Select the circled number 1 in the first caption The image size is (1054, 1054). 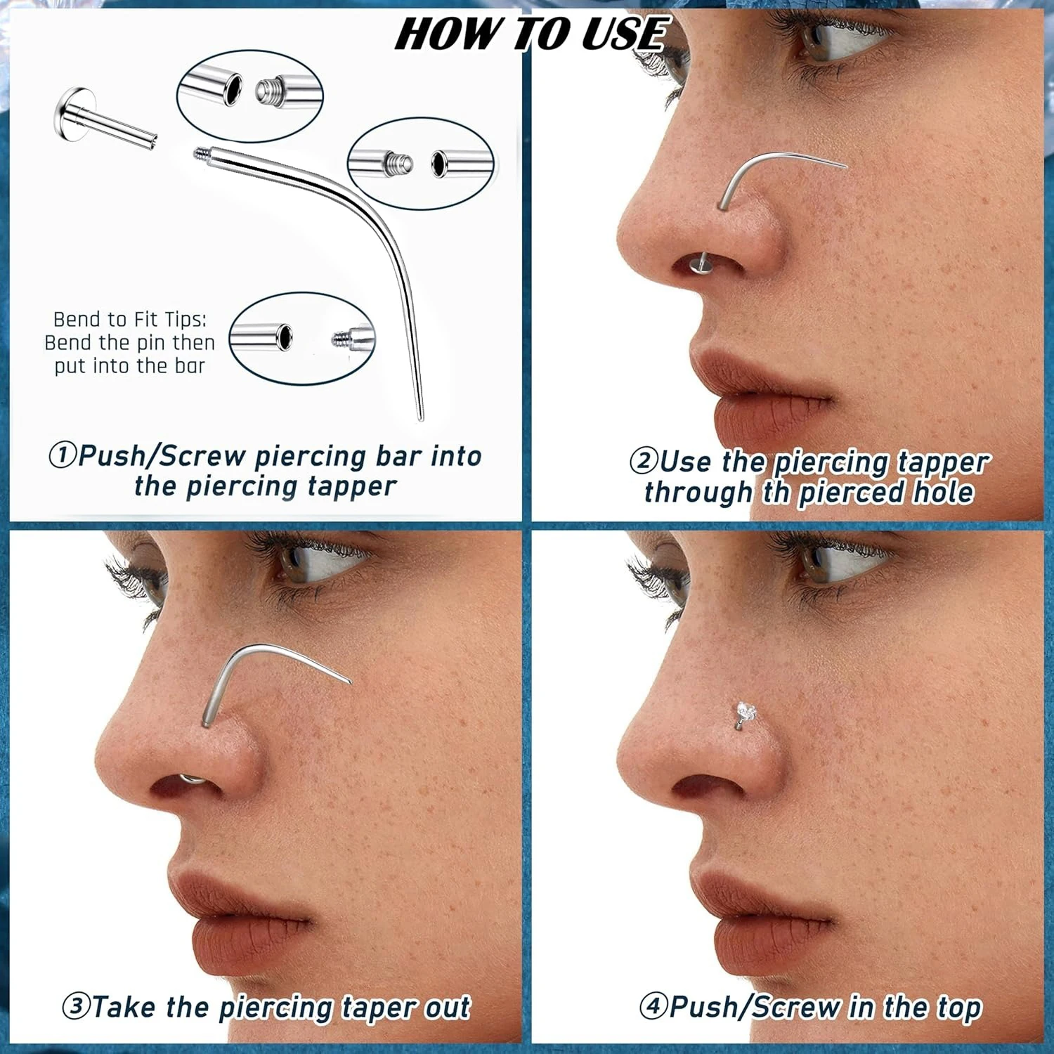coord(62,455)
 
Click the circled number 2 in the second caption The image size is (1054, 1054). coord(642,462)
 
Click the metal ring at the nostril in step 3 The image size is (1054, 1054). coord(188,778)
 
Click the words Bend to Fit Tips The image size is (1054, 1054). coord(130,320)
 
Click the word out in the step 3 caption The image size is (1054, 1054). coord(446,1007)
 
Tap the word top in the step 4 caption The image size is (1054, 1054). coord(959,1007)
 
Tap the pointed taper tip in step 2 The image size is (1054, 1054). coord(845,167)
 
